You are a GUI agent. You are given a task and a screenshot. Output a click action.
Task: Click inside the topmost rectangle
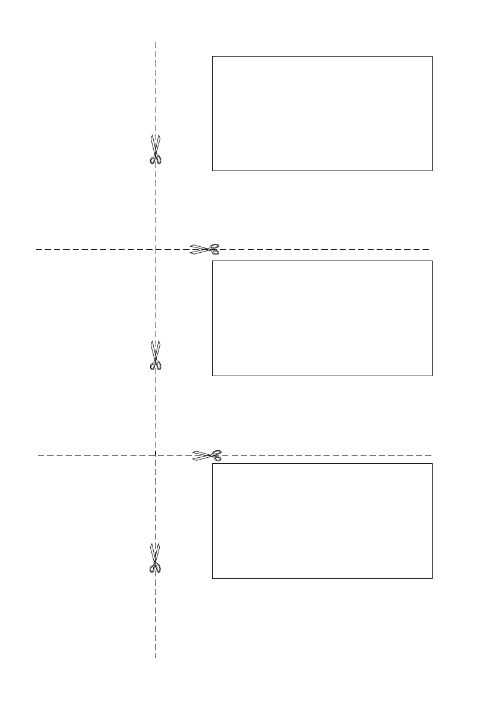[322, 114]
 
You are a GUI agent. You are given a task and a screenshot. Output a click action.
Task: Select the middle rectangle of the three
[322, 318]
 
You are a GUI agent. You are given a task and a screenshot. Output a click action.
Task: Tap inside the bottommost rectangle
[322, 521]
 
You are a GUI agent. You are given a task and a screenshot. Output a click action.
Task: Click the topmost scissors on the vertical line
[156, 149]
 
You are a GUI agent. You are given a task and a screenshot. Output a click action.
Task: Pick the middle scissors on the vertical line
[156, 355]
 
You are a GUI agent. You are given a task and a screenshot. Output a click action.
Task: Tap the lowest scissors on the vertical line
[156, 558]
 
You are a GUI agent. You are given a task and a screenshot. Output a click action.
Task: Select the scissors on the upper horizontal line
[205, 249]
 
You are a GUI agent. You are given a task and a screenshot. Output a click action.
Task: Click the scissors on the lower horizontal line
[207, 455]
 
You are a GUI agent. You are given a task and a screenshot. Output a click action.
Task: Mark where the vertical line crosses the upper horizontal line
[156, 249]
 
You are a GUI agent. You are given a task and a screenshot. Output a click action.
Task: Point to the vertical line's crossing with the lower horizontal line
[156, 455]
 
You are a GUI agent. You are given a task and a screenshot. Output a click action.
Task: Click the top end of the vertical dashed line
[156, 42]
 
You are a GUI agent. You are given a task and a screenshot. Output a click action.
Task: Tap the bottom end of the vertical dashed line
[156, 658]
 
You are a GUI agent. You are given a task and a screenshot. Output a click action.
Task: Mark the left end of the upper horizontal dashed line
[36, 249]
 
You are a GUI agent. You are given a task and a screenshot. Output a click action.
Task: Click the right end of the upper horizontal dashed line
[429, 249]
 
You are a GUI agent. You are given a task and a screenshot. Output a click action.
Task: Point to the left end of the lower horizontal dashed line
[38, 455]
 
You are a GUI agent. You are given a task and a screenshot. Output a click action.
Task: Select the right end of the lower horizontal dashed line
[431, 455]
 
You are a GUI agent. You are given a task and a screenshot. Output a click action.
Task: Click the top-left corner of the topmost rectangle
[213, 57]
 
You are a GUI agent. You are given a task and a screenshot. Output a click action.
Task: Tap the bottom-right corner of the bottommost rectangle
[432, 578]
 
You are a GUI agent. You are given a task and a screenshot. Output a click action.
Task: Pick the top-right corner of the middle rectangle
[432, 261]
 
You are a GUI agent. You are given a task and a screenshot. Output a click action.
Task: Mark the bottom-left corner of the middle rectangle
[213, 376]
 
